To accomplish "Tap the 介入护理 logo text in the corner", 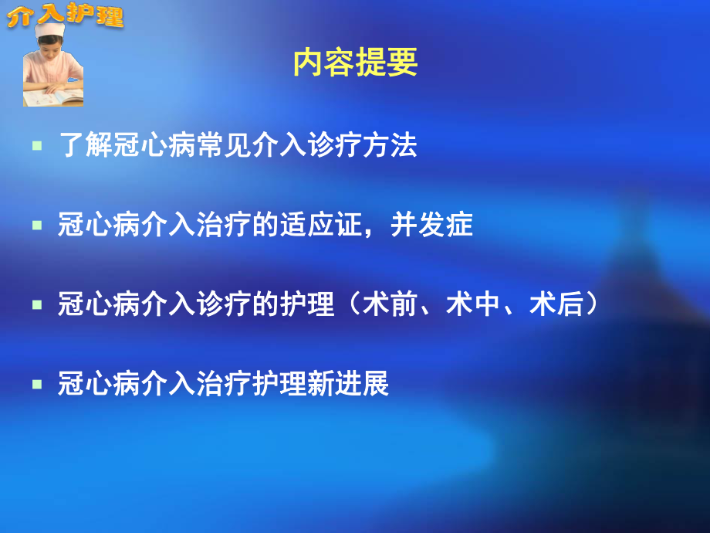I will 66,15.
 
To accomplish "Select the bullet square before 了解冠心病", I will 36,146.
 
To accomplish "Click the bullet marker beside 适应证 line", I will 36,226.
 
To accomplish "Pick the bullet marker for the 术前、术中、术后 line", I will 36,305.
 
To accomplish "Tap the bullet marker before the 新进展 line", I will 36,384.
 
